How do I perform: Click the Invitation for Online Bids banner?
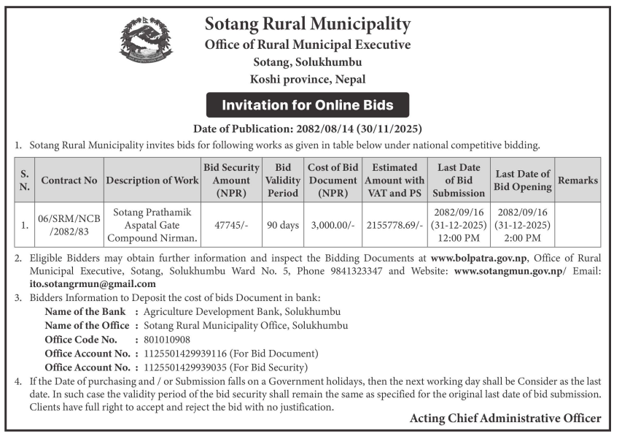(x=307, y=105)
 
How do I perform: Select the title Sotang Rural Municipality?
(x=308, y=24)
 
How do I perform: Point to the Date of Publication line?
(x=307, y=129)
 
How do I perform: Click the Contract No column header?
(x=69, y=180)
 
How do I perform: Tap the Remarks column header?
(x=578, y=180)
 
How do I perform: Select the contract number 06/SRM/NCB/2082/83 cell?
(x=69, y=225)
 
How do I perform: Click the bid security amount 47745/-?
(x=231, y=225)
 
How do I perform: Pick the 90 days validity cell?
(x=283, y=225)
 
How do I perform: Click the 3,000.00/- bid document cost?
(x=332, y=225)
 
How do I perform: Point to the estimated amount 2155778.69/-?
(x=394, y=225)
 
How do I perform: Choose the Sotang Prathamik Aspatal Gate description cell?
(x=152, y=225)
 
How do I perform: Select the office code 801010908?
(x=167, y=340)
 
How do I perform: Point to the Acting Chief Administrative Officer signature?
(x=505, y=419)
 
